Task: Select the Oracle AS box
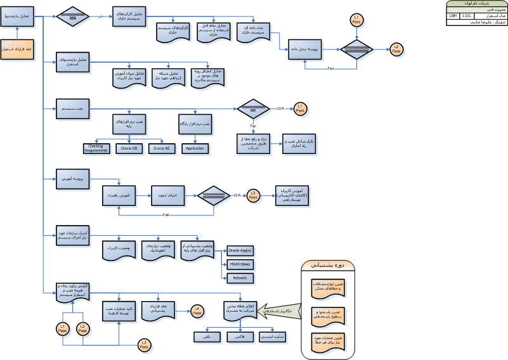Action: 161,148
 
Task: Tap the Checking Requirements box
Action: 96,148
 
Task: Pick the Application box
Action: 195,148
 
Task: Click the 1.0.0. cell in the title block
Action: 467,15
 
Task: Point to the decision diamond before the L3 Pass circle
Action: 212,195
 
